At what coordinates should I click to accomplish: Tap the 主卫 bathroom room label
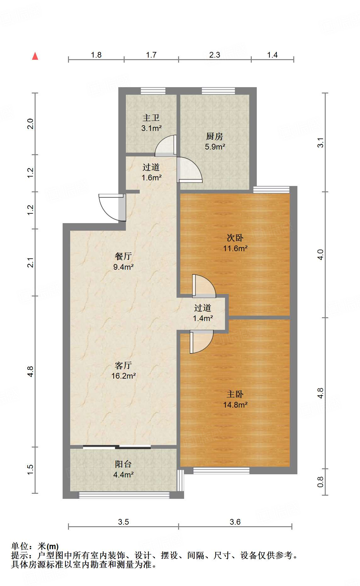(x=151, y=118)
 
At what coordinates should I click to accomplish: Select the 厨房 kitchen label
(x=215, y=136)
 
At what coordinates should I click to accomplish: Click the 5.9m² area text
(x=215, y=147)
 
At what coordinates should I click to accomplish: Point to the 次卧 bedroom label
(x=235, y=238)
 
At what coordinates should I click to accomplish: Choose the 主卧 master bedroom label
(x=235, y=394)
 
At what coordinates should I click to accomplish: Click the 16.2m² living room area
(x=124, y=376)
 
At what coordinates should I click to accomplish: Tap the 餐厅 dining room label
(x=123, y=256)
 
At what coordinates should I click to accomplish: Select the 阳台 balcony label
(x=123, y=464)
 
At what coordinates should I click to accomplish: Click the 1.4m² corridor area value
(x=203, y=318)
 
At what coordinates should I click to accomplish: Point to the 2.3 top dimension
(x=215, y=55)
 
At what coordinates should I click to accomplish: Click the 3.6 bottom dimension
(x=235, y=522)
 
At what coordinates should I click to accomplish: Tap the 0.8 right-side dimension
(x=320, y=482)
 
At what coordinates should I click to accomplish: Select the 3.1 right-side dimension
(x=320, y=143)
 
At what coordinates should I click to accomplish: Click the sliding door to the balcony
(x=117, y=447)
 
